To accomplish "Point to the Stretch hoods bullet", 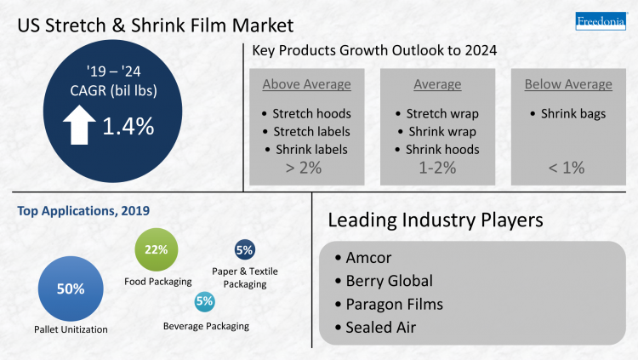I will pyautogui.click(x=311, y=113).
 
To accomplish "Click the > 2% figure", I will pyautogui.click(x=305, y=167).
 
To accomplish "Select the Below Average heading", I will pyautogui.click(x=567, y=84).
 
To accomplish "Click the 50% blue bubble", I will pyautogui.click(x=71, y=289).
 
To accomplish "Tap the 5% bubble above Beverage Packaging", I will pyautogui.click(x=204, y=300).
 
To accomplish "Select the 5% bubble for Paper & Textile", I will pyautogui.click(x=245, y=250).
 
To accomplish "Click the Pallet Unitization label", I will pyautogui.click(x=71, y=329).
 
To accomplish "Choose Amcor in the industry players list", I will pyautogui.click(x=370, y=258).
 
